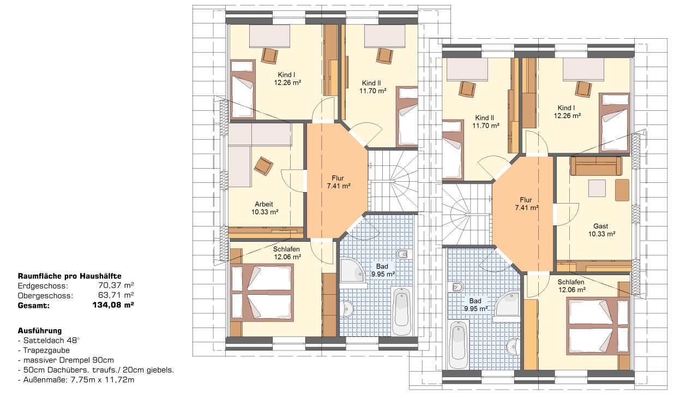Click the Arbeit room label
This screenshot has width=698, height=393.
coord(263,204)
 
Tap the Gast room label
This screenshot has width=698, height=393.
coord(600,226)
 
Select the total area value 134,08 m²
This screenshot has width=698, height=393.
coord(113,305)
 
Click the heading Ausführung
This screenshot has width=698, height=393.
coord(40,331)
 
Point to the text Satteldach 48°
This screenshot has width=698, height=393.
coord(51,340)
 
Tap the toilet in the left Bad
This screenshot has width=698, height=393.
coord(402,254)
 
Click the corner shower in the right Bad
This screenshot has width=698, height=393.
coord(507,304)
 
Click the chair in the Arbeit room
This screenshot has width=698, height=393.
coord(263,165)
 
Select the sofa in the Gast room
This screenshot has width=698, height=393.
coord(596,165)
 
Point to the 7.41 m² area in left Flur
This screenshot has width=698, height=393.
coord(339,186)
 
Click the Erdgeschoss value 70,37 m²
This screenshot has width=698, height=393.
coord(116,285)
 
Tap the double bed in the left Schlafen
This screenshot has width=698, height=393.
coord(262,292)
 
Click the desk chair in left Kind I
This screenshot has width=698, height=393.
coord(269,56)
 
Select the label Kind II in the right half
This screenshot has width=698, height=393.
coord(484,118)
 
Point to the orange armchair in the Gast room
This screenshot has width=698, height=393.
coord(622,190)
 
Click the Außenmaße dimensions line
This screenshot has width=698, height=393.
coord(76,380)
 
